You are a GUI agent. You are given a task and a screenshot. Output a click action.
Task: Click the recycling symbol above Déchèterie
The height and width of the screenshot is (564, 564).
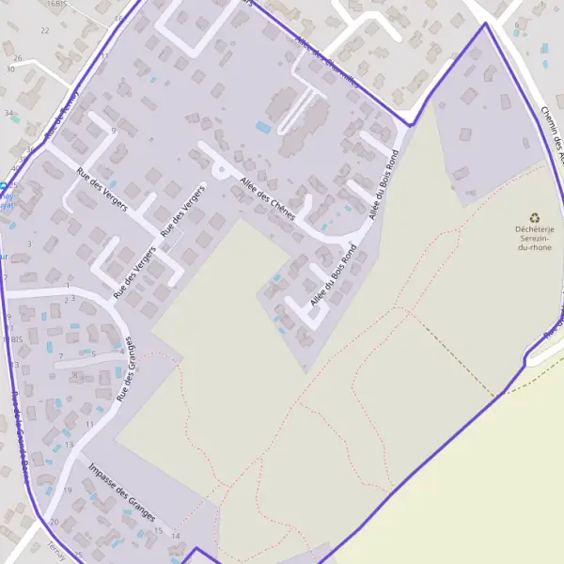pyautogui.click(x=536, y=217)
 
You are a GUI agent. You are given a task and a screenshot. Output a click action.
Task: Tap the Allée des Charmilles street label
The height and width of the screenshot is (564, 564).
pyautogui.click(x=325, y=60)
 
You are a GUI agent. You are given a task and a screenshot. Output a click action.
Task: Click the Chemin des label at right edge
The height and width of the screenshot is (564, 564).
pyautogui.click(x=552, y=132)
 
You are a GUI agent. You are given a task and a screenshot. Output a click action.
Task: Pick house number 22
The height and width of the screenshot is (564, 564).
pyautogui.click(x=44, y=30)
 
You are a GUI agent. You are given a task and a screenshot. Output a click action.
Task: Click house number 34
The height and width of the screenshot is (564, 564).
pyautogui.click(x=8, y=113)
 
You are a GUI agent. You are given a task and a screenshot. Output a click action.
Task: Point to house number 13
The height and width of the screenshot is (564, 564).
pyautogui.click(x=68, y=444)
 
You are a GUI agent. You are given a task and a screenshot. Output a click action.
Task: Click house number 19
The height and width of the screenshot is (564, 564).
pyautogui.click(x=67, y=491)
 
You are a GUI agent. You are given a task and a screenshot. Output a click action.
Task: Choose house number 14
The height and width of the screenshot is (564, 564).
pyautogui.click(x=175, y=536)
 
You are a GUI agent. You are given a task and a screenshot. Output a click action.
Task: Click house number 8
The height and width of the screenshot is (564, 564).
pyautogui.click(x=74, y=374)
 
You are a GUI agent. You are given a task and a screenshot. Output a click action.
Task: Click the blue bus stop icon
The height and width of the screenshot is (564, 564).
pyautogui.click(x=3, y=186)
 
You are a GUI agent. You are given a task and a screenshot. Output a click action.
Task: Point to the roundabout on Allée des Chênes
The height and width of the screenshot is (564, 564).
pyautogui.click(x=219, y=170)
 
